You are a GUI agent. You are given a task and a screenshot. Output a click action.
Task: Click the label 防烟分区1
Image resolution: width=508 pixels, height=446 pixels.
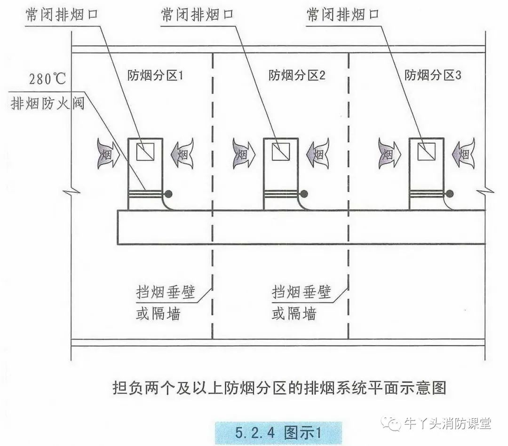coord(155,75)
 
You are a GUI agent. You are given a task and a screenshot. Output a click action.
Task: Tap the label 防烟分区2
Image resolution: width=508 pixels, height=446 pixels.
coord(297,75)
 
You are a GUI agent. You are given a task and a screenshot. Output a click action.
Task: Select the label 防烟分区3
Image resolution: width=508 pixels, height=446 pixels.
coord(433,75)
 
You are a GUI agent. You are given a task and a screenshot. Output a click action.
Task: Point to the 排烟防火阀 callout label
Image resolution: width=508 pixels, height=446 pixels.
coord(48,103)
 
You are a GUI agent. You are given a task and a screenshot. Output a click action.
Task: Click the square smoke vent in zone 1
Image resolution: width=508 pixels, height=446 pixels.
coord(144,152)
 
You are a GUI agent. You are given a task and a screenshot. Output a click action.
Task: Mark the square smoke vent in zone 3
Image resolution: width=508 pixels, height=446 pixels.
coord(426,152)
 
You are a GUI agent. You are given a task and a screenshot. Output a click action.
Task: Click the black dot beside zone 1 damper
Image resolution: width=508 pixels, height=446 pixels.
coord(167,193)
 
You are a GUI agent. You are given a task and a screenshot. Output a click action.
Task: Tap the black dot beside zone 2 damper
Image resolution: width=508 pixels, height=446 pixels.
coord(304,193)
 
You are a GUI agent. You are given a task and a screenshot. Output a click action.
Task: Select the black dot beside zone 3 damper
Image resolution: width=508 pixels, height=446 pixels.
coord(450,193)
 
